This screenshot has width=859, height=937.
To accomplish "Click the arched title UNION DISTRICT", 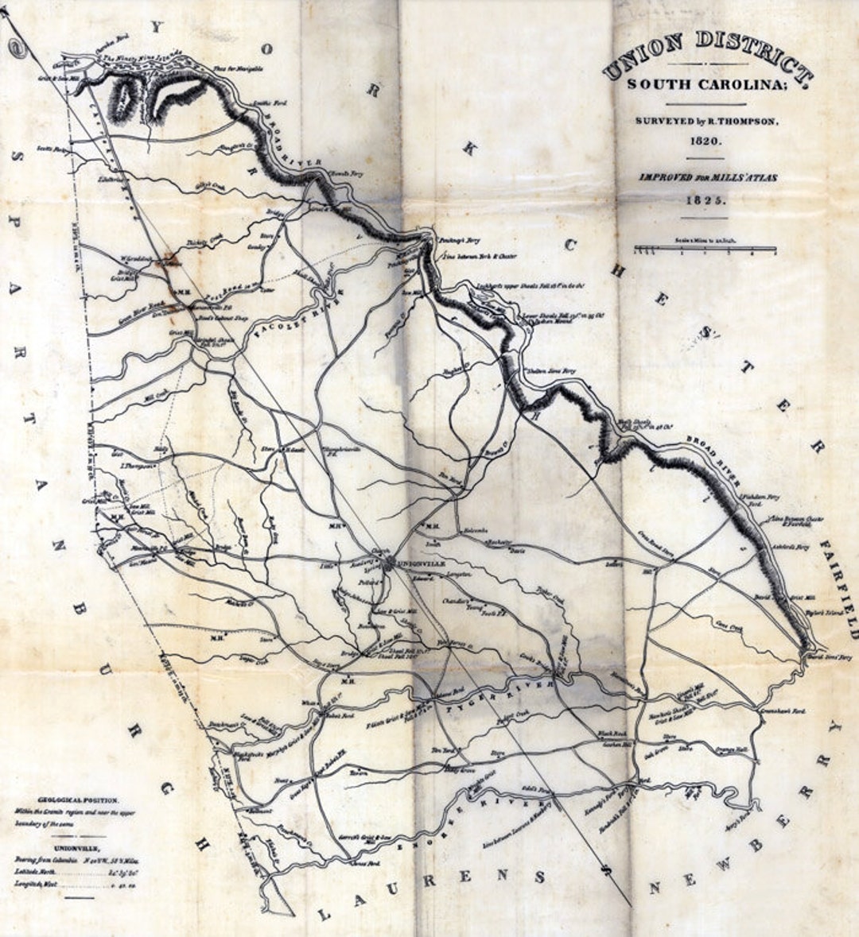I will pos(707,55).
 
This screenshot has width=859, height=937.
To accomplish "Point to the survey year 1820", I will pos(705,141).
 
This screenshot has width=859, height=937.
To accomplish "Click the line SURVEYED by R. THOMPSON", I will pos(705,121).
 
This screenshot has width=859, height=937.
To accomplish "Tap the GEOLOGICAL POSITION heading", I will pos(78,800).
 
